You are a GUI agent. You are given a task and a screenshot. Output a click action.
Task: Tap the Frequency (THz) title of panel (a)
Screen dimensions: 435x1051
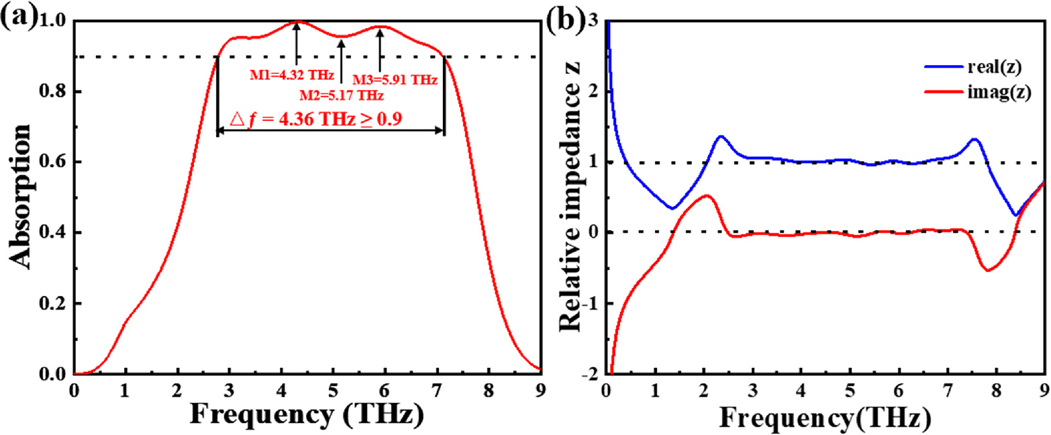[x=305, y=417]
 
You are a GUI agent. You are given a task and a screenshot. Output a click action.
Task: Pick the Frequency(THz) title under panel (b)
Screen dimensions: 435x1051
[x=825, y=418]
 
